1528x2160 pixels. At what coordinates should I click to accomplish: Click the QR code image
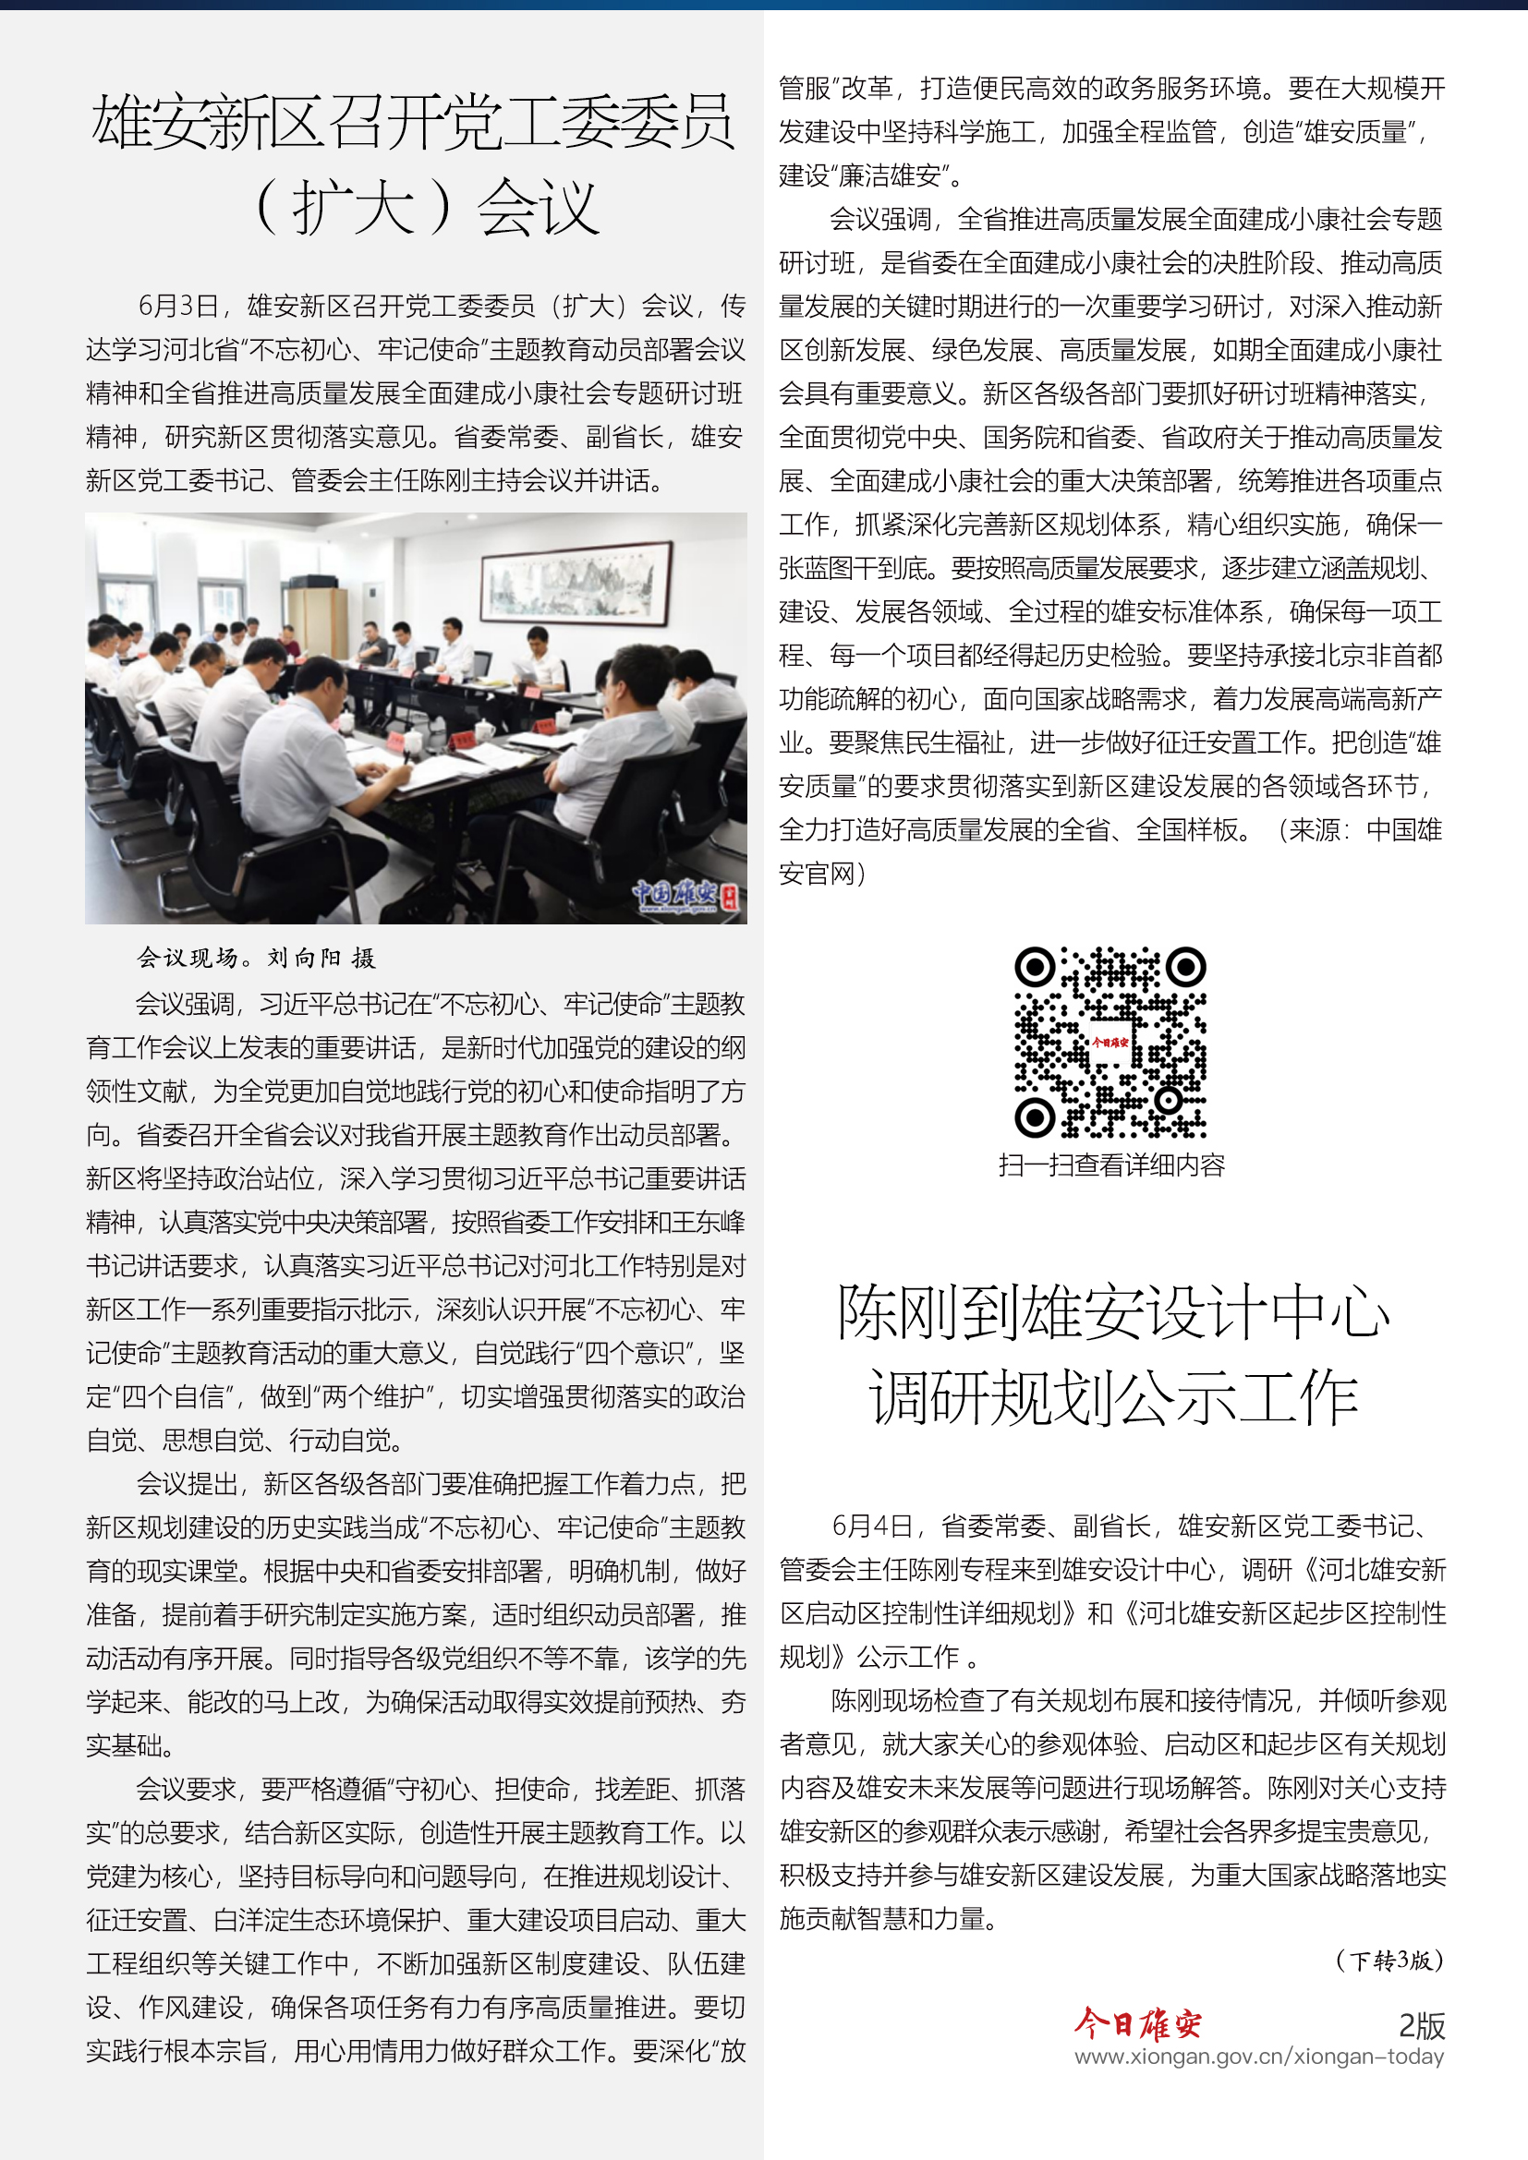1110,1043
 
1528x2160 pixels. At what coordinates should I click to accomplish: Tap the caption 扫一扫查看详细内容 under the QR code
1111,1165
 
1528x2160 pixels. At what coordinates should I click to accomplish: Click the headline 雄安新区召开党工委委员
412,122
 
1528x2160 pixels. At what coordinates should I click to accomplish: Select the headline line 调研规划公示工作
1112,1398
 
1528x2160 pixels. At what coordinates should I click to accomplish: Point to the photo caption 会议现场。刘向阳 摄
256,958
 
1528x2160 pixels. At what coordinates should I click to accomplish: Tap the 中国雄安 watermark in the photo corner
684,896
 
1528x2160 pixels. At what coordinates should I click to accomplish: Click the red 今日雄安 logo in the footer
1137,2022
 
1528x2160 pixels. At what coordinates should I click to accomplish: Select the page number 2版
1421,2024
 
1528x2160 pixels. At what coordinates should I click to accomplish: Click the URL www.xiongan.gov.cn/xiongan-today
1259,2057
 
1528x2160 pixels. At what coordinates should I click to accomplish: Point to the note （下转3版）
1389,1960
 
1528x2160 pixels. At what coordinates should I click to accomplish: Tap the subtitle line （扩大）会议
428,207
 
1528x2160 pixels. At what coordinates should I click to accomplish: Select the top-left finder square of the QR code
1035,966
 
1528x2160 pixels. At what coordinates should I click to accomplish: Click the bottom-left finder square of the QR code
1035,1117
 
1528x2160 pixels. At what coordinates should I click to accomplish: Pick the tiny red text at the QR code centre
1110,1043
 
